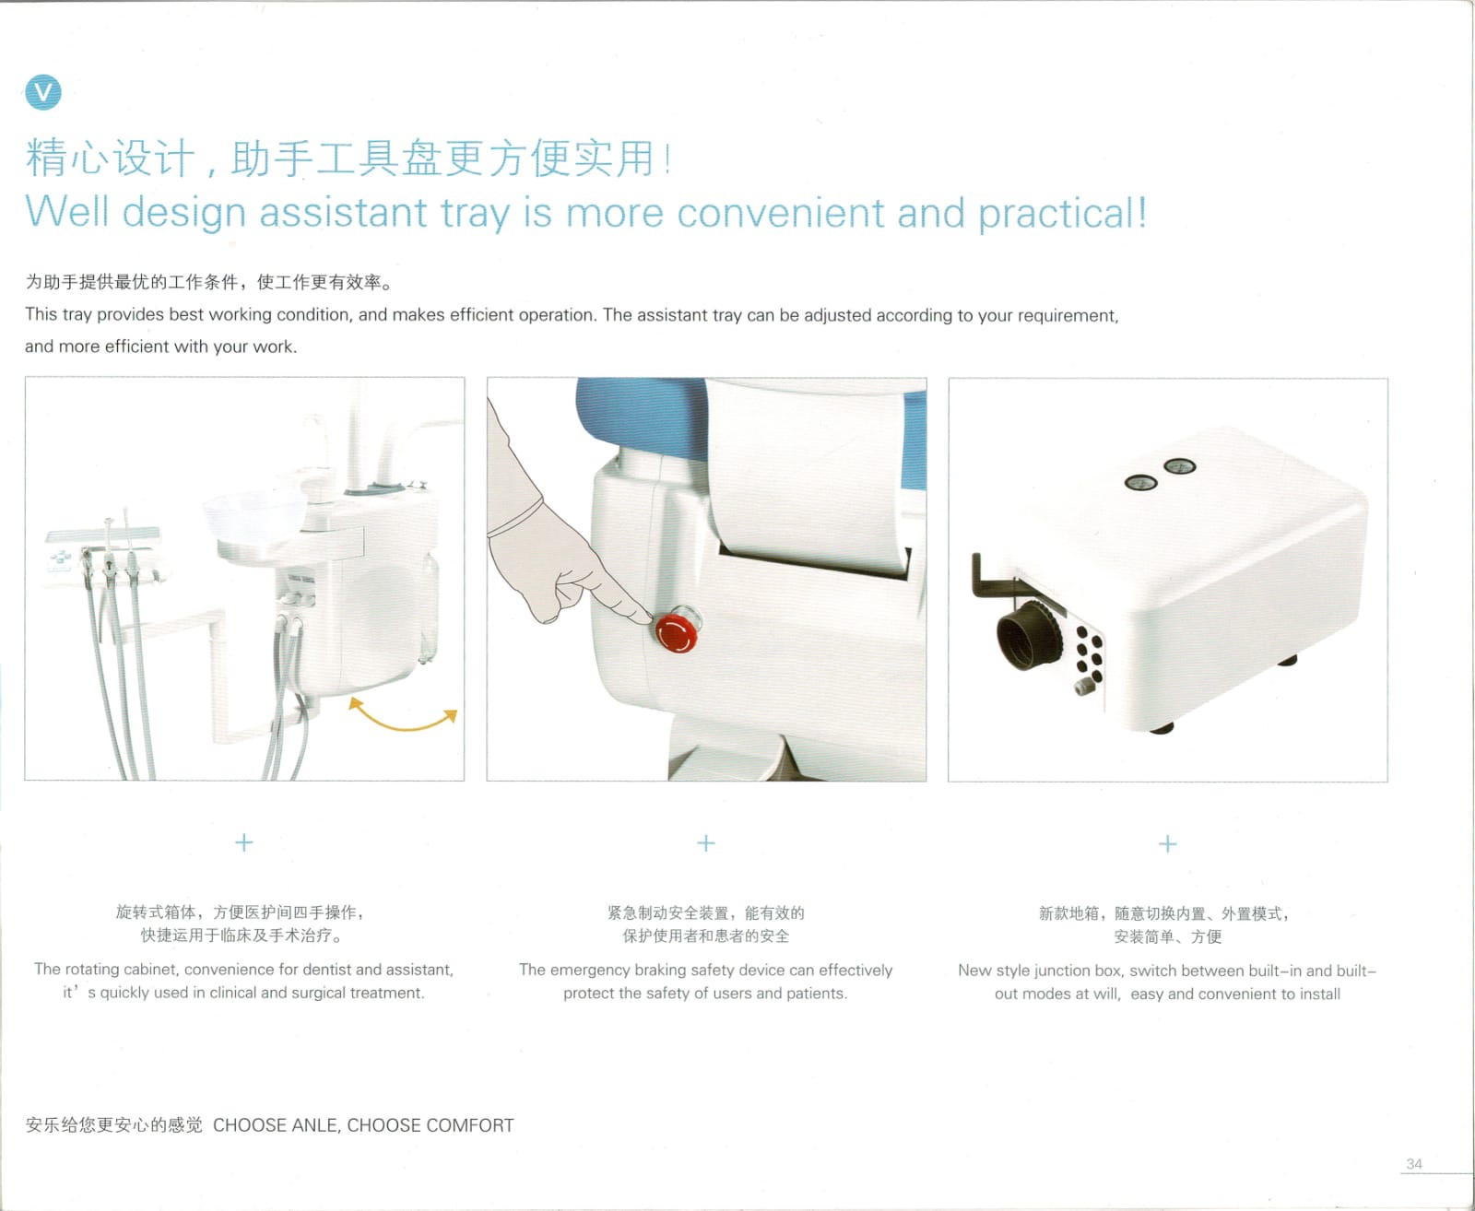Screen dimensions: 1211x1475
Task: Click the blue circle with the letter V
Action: [43, 92]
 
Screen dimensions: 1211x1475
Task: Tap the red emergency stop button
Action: [676, 633]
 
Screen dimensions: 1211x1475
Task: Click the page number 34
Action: [1414, 1164]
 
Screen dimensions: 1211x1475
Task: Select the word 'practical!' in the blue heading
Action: [1062, 214]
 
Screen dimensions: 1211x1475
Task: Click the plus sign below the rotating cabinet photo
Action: [244, 842]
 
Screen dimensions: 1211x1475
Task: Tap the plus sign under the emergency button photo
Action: [706, 843]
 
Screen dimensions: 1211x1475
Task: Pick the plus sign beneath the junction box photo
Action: [1168, 844]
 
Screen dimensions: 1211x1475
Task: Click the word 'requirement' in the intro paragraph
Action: [1068, 316]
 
